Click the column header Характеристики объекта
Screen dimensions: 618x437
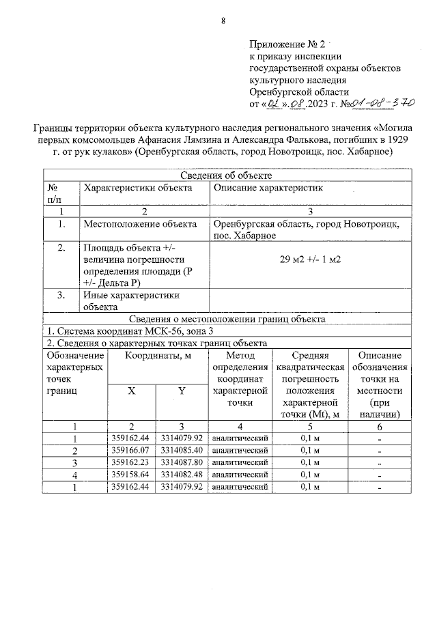click(x=137, y=188)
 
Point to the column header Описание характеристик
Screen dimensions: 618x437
click(x=268, y=188)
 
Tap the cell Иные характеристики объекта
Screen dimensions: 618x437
click(x=131, y=301)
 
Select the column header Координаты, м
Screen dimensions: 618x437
click(x=157, y=356)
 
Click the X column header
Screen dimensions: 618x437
click(x=132, y=391)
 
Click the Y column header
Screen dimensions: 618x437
click(x=182, y=391)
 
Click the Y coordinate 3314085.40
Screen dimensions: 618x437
click(x=182, y=450)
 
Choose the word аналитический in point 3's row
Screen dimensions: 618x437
click(x=240, y=462)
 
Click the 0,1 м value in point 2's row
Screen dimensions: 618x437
click(x=311, y=450)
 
